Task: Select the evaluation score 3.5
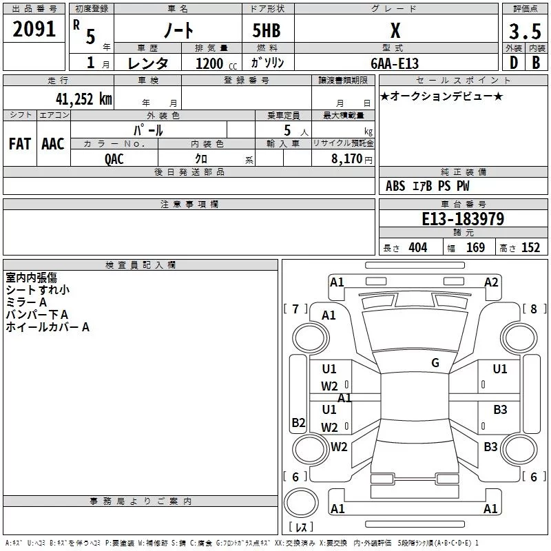[x=524, y=31]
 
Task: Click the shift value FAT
[x=20, y=144]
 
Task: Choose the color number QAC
[x=114, y=159]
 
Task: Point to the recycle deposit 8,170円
[x=351, y=159]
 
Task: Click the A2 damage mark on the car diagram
[x=491, y=282]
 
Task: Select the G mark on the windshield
[x=435, y=363]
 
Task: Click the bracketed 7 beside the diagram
[x=295, y=309]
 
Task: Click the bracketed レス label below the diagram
[x=300, y=528]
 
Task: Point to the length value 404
[x=418, y=248]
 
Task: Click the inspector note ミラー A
[x=26, y=302]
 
